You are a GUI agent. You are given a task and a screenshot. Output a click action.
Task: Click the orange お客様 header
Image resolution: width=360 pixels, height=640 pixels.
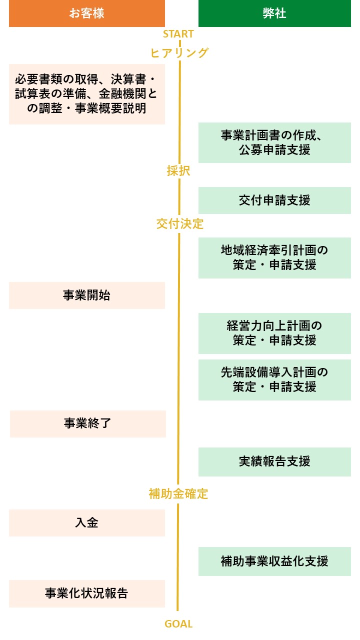pyautogui.click(x=86, y=13)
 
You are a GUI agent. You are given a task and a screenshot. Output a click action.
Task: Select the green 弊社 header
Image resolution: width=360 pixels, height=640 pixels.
pyautogui.click(x=274, y=13)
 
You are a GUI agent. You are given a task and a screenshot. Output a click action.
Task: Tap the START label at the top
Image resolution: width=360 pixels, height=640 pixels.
pyautogui.click(x=178, y=34)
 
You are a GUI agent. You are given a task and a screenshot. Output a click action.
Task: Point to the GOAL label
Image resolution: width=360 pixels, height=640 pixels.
pyautogui.click(x=178, y=624)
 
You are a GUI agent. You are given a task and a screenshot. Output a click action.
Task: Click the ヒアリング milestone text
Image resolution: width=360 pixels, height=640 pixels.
pyautogui.click(x=179, y=53)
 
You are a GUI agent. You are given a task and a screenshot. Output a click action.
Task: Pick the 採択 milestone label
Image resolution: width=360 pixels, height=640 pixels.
pyautogui.click(x=178, y=171)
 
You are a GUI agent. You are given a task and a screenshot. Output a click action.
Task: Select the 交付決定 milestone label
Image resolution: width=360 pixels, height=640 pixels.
pyautogui.click(x=180, y=223)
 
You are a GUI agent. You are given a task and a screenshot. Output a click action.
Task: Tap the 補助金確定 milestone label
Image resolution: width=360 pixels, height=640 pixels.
pyautogui.click(x=178, y=494)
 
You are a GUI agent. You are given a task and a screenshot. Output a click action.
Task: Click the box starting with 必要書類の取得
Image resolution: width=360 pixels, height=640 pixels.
pyautogui.click(x=86, y=93)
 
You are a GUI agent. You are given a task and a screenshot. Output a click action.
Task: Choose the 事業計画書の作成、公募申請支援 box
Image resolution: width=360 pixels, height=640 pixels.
pyautogui.click(x=274, y=142)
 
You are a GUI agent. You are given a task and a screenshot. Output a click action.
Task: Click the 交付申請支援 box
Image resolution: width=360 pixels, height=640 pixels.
pyautogui.click(x=274, y=200)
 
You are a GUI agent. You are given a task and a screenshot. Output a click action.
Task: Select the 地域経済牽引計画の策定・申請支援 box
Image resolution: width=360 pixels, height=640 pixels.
pyautogui.click(x=274, y=257)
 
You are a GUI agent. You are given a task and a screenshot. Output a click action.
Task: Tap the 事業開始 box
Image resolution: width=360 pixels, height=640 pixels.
pyautogui.click(x=86, y=295)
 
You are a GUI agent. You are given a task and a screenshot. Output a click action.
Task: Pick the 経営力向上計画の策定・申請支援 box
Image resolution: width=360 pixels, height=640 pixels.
pyautogui.click(x=274, y=333)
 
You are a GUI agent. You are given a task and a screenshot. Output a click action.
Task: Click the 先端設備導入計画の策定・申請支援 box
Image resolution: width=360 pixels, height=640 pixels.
pyautogui.click(x=274, y=379)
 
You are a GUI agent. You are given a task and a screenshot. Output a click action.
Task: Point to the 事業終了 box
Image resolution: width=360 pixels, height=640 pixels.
pyautogui.click(x=87, y=423)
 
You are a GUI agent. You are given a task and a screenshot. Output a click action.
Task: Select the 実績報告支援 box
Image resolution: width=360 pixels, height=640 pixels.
pyautogui.click(x=274, y=461)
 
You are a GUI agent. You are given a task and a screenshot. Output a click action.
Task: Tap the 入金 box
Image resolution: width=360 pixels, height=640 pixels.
pyautogui.click(x=86, y=523)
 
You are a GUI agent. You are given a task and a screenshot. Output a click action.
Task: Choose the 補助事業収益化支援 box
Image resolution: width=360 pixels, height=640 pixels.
pyautogui.click(x=274, y=561)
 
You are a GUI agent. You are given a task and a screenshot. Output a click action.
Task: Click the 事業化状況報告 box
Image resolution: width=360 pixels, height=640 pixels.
pyautogui.click(x=86, y=593)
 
